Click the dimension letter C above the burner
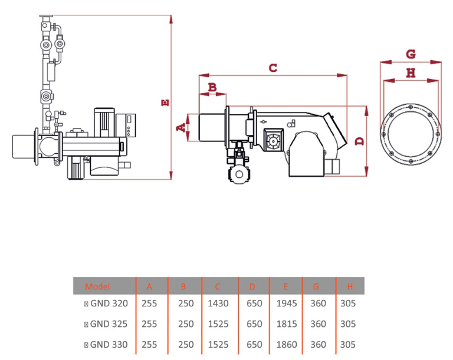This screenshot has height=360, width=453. click(273, 68)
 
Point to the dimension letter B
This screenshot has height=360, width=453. click(212, 87)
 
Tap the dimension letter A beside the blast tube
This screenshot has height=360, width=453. click(181, 127)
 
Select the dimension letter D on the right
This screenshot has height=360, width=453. click(360, 141)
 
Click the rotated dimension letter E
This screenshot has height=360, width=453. click(165, 103)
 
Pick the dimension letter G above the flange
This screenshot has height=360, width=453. click(411, 54)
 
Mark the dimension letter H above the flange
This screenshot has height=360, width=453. click(411, 72)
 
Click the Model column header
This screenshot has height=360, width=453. click(97, 286)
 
